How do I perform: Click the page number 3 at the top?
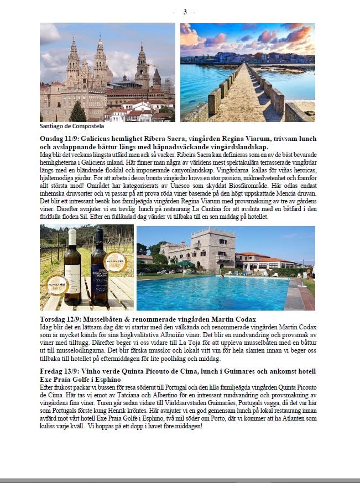click(x=185, y=12)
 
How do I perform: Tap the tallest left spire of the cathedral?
click(x=73, y=61)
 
